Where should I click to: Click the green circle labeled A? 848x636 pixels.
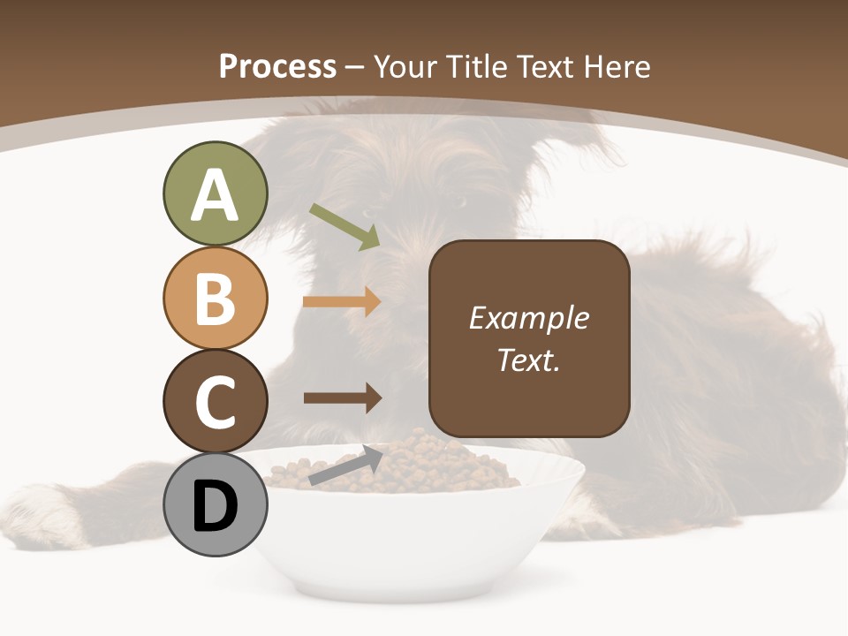(215, 193)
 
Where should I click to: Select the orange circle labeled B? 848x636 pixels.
(215, 298)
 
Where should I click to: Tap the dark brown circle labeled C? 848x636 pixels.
(215, 402)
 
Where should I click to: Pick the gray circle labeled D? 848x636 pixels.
(215, 505)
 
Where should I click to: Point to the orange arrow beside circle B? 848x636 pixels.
(342, 301)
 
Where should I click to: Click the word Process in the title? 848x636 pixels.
(277, 66)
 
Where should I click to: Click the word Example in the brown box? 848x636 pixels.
(528, 318)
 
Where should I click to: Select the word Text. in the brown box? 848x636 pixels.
(528, 360)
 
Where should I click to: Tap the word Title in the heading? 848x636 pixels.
(477, 66)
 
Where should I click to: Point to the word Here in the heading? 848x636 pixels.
(617, 66)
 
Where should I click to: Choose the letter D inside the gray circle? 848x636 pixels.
(215, 507)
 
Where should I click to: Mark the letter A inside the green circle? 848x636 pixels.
(215, 195)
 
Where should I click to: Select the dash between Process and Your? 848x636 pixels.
(355, 68)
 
